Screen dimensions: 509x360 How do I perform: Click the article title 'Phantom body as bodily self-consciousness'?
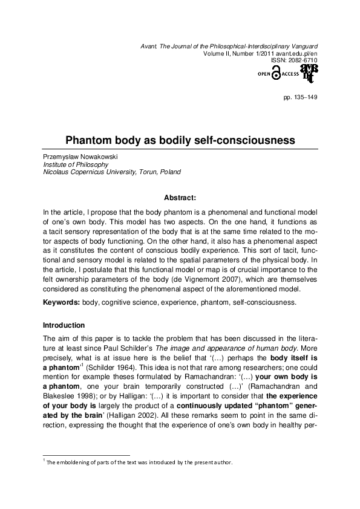(180, 140)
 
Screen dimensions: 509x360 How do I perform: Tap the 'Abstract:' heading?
(180, 197)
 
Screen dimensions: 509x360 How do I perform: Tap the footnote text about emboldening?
(139, 463)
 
